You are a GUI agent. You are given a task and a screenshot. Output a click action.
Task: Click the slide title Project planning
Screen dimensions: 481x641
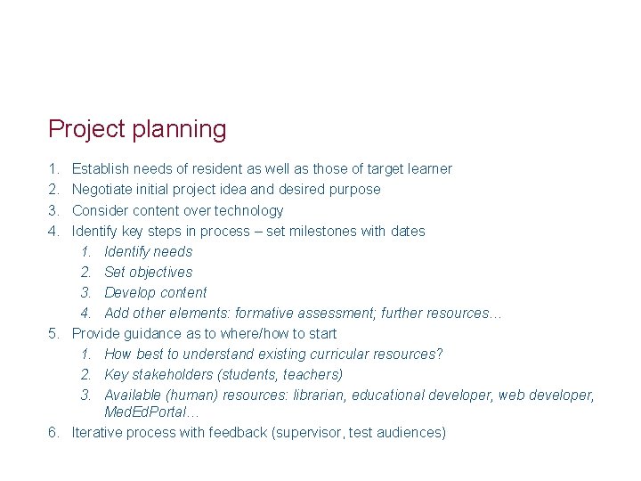[137, 129]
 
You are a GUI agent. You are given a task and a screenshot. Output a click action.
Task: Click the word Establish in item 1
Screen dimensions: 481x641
[101, 168]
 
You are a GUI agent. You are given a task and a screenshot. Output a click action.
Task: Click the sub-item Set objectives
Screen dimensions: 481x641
[148, 272]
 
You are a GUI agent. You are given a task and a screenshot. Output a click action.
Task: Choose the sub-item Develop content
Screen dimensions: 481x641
[155, 292]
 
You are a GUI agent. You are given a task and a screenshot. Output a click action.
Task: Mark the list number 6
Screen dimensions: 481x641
[54, 432]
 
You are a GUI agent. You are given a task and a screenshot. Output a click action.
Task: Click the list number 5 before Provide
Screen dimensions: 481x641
[54, 333]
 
